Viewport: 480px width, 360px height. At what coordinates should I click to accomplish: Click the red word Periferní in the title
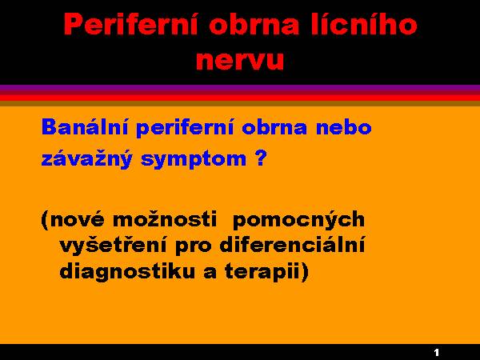[131, 25]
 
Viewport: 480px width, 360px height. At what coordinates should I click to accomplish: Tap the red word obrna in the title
[254, 25]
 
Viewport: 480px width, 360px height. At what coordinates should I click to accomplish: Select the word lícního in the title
[364, 25]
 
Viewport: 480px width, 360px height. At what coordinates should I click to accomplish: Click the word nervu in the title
[240, 60]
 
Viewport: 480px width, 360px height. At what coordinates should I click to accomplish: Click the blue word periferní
[186, 128]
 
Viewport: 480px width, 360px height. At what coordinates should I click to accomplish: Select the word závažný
[87, 159]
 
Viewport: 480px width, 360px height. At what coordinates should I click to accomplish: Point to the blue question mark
[260, 158]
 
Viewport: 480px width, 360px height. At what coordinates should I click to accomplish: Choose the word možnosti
[165, 219]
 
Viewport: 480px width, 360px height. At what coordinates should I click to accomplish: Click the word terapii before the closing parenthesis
[262, 272]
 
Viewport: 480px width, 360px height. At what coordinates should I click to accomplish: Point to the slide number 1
[437, 352]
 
